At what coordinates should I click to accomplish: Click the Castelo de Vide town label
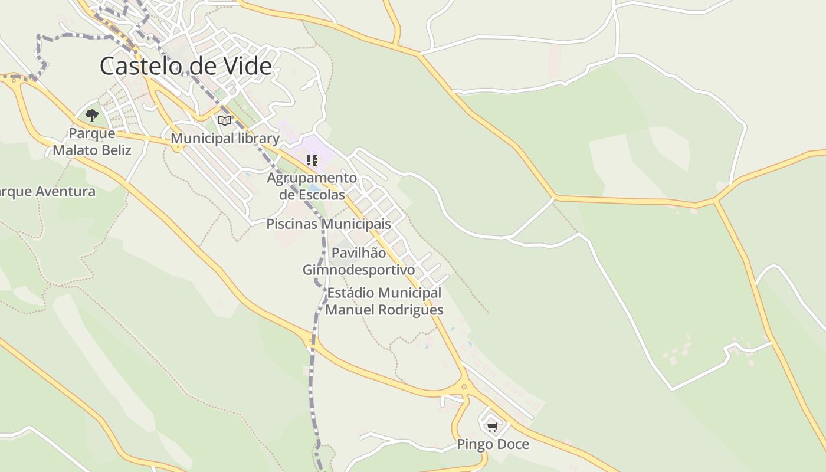click(x=185, y=65)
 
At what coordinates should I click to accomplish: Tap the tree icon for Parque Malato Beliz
click(x=91, y=115)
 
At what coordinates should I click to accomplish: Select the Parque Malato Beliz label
click(x=92, y=142)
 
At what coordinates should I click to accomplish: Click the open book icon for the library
click(x=224, y=121)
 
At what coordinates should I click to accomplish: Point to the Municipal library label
click(x=225, y=139)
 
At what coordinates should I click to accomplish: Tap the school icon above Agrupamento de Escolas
click(x=312, y=160)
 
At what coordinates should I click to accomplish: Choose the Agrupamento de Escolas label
click(x=312, y=186)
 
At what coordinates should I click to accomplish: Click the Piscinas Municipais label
click(x=329, y=224)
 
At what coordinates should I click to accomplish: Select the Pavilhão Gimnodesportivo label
click(x=359, y=261)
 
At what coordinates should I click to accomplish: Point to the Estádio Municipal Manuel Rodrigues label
click(x=384, y=301)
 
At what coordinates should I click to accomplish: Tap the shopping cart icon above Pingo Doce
click(x=492, y=426)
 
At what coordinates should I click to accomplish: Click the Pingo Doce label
click(x=493, y=444)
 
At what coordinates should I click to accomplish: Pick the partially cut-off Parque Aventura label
click(x=47, y=192)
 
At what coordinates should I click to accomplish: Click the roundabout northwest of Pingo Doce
click(x=464, y=388)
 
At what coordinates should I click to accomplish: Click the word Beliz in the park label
click(x=116, y=150)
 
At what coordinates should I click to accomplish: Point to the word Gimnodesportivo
click(x=359, y=270)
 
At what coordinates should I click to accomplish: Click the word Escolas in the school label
click(x=321, y=194)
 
